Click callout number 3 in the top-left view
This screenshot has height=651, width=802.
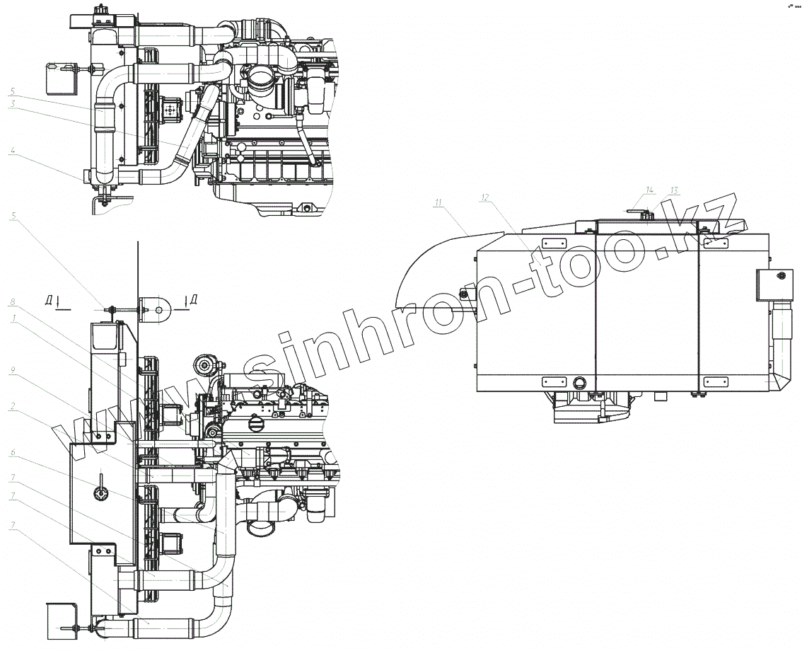[13, 103]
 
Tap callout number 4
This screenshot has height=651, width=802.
[13, 150]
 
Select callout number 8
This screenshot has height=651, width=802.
[13, 302]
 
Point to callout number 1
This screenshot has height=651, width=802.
[13, 318]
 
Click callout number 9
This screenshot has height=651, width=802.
[13, 369]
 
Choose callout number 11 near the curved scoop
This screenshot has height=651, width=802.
[438, 203]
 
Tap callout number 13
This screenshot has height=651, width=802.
[674, 190]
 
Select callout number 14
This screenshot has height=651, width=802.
[650, 190]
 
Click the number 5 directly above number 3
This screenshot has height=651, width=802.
[13, 91]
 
